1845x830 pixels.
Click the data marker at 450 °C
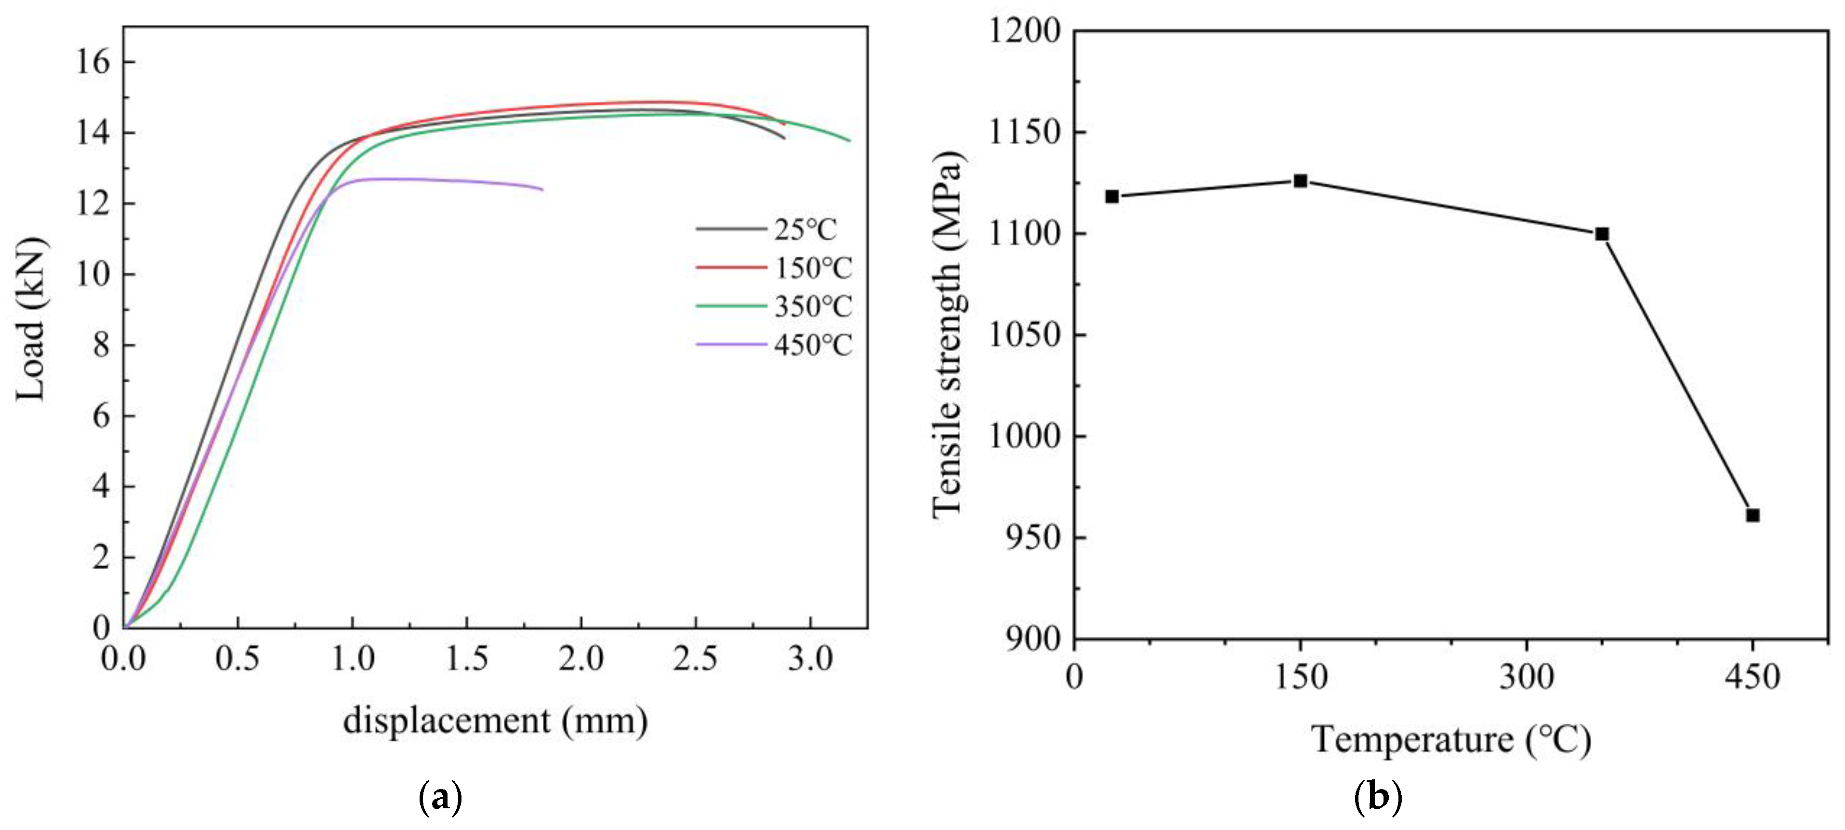1753,516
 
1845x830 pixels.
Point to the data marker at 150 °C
1301,181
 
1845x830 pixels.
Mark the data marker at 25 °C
1112,196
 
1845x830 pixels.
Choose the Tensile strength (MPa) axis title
949,335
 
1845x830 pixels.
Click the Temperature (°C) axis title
1451,740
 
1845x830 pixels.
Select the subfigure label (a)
440,798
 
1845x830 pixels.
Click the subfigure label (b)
1379,798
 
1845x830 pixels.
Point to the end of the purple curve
542,189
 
